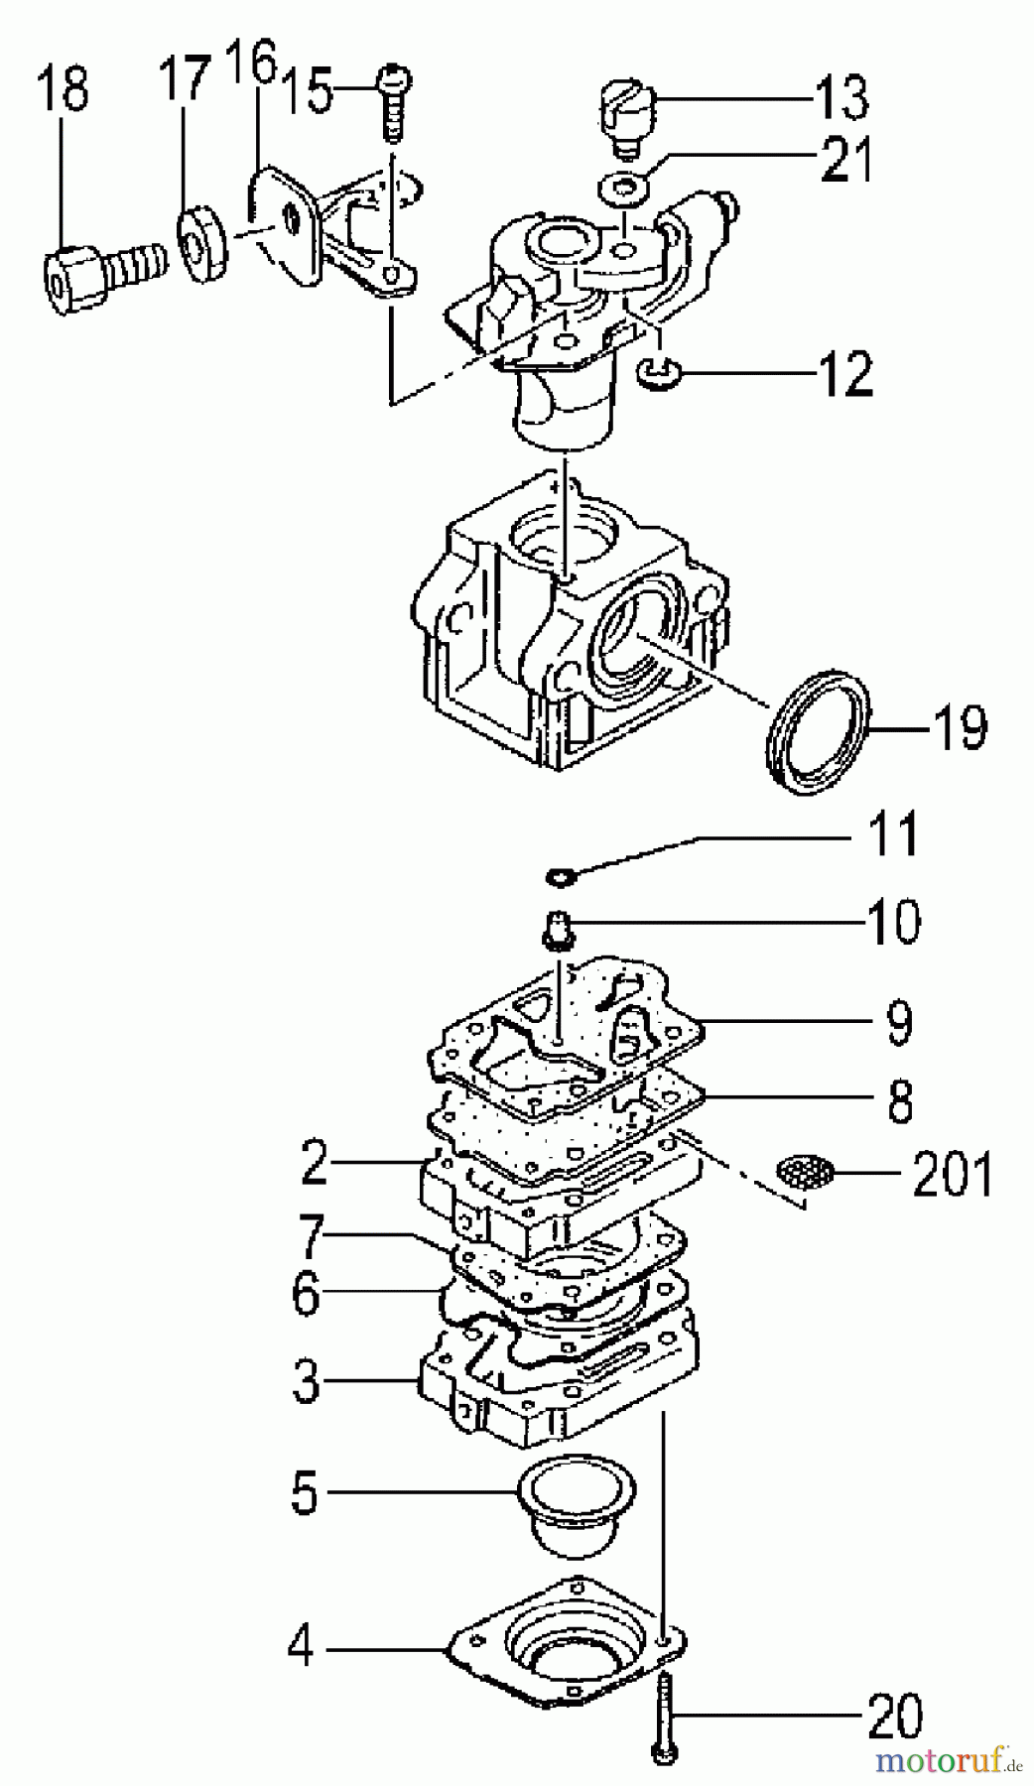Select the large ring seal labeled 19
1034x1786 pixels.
(x=820, y=732)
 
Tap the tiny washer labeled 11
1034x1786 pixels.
(x=561, y=876)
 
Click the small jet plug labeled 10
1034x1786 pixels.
(x=560, y=933)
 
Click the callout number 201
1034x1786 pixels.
(x=952, y=1175)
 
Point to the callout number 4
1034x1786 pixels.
(x=300, y=1649)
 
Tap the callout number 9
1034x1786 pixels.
(x=899, y=1022)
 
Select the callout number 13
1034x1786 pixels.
(x=841, y=97)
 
